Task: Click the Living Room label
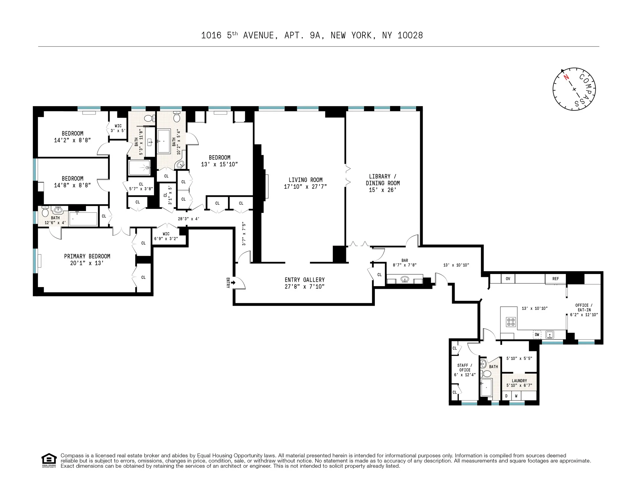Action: tap(305, 180)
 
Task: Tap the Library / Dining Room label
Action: tap(382, 180)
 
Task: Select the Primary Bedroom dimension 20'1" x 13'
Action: tap(87, 263)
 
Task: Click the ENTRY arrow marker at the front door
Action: tap(233, 283)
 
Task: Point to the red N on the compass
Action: tap(566, 77)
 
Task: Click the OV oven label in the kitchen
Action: tap(508, 279)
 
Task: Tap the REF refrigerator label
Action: tap(555, 279)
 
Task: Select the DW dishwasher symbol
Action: tap(537, 335)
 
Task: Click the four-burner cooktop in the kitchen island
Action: tap(511, 322)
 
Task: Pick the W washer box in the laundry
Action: tap(516, 396)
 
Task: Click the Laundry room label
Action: tap(519, 381)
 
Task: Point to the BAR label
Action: tap(405, 260)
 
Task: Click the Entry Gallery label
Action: tap(304, 280)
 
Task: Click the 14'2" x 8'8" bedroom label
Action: tap(72, 137)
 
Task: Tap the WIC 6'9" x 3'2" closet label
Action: tap(166, 236)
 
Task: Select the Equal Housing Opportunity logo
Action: tap(49, 461)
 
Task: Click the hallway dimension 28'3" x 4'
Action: tap(188, 219)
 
